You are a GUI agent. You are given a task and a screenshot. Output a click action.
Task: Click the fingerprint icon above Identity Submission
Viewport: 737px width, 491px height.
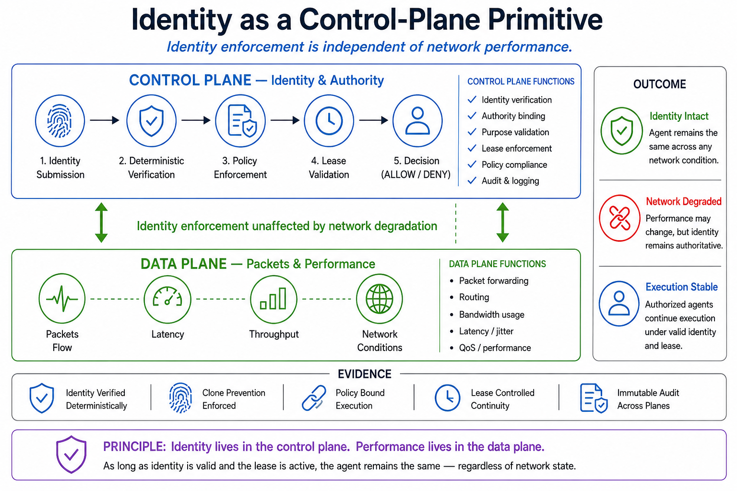pos(59,121)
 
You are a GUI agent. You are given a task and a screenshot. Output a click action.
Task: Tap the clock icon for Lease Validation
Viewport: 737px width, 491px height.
pos(329,121)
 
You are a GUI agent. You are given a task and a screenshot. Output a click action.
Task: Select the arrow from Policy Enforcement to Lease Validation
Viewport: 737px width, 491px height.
pos(285,120)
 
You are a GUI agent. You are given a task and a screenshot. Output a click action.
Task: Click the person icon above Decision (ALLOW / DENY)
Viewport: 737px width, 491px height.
pos(417,121)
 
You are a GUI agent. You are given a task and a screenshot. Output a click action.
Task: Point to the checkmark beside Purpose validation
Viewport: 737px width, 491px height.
pos(472,132)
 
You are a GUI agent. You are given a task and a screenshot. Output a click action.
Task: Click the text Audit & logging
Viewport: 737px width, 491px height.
pos(511,181)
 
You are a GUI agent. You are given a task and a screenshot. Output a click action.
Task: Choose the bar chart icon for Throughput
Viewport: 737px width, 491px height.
pos(273,299)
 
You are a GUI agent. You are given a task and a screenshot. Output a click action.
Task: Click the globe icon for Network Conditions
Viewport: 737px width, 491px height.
pos(380,299)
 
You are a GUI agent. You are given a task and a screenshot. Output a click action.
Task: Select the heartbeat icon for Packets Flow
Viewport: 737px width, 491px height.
pos(62,299)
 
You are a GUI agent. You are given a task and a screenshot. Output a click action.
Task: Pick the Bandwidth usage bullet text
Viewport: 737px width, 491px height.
pos(491,315)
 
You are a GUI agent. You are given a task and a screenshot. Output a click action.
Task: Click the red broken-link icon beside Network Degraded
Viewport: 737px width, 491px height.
pos(619,218)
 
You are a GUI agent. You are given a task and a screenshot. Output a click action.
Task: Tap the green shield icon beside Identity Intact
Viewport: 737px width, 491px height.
pos(621,130)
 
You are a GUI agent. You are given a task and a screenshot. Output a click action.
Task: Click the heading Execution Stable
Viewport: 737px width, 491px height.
pos(681,287)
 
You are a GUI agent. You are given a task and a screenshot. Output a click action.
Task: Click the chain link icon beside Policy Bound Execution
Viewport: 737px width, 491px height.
pos(314,398)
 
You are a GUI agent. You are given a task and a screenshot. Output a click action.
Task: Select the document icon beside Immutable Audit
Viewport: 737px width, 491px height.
pos(594,398)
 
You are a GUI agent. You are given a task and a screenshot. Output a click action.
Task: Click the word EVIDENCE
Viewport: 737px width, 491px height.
pos(365,374)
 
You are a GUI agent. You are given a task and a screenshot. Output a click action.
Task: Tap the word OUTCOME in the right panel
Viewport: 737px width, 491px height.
pos(660,84)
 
